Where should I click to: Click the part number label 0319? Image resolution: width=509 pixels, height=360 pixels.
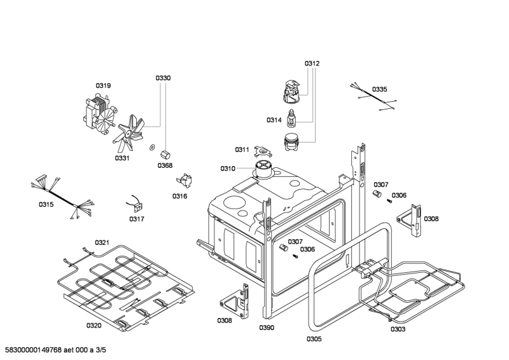click(x=103, y=85)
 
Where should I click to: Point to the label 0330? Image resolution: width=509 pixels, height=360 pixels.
click(x=164, y=78)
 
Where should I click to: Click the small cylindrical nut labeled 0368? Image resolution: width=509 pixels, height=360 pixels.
click(x=165, y=153)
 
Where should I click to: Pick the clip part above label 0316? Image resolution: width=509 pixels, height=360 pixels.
click(x=185, y=181)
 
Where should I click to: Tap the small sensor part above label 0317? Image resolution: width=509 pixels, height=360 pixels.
click(x=136, y=204)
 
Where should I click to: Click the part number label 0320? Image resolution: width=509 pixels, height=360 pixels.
click(x=94, y=326)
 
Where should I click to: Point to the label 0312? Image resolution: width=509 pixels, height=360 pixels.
click(x=312, y=63)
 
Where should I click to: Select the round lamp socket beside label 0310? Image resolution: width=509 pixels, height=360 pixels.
click(x=263, y=169)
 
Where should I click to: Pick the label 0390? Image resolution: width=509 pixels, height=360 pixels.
click(x=267, y=328)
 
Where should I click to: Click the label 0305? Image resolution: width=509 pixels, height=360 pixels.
click(x=314, y=339)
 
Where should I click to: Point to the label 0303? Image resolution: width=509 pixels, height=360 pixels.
click(x=398, y=329)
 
